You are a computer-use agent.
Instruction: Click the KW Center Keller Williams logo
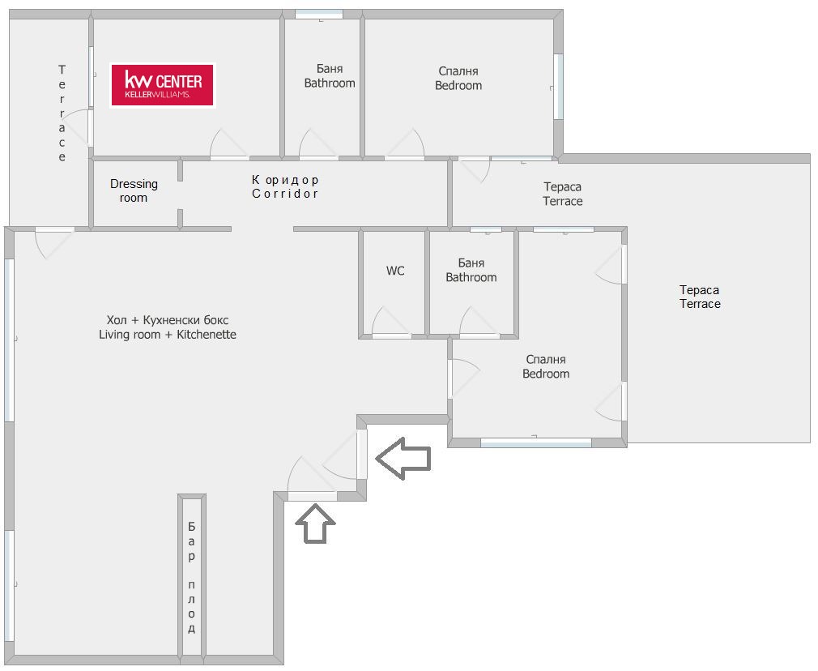(162, 84)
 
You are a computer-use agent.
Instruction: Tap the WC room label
(395, 271)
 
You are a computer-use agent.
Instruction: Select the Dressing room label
(134, 190)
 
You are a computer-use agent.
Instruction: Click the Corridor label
(285, 186)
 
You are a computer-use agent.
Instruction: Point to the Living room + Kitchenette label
(168, 327)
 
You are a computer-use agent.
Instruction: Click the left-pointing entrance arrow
(403, 458)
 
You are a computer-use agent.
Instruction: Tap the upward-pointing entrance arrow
(315, 524)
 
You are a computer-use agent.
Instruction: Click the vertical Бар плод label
(191, 577)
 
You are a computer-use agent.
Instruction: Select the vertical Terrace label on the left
(62, 113)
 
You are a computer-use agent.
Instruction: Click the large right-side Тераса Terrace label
(700, 297)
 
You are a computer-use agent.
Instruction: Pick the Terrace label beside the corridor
(562, 194)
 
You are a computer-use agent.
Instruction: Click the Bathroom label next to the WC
(471, 270)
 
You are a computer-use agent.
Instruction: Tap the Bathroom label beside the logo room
(330, 75)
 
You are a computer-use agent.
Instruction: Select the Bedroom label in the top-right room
(458, 79)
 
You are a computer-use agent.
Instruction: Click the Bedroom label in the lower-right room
(546, 366)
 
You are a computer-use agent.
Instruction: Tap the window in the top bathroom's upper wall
(319, 15)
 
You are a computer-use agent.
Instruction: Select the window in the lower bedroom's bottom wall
(536, 442)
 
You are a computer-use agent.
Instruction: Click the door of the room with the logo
(229, 144)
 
